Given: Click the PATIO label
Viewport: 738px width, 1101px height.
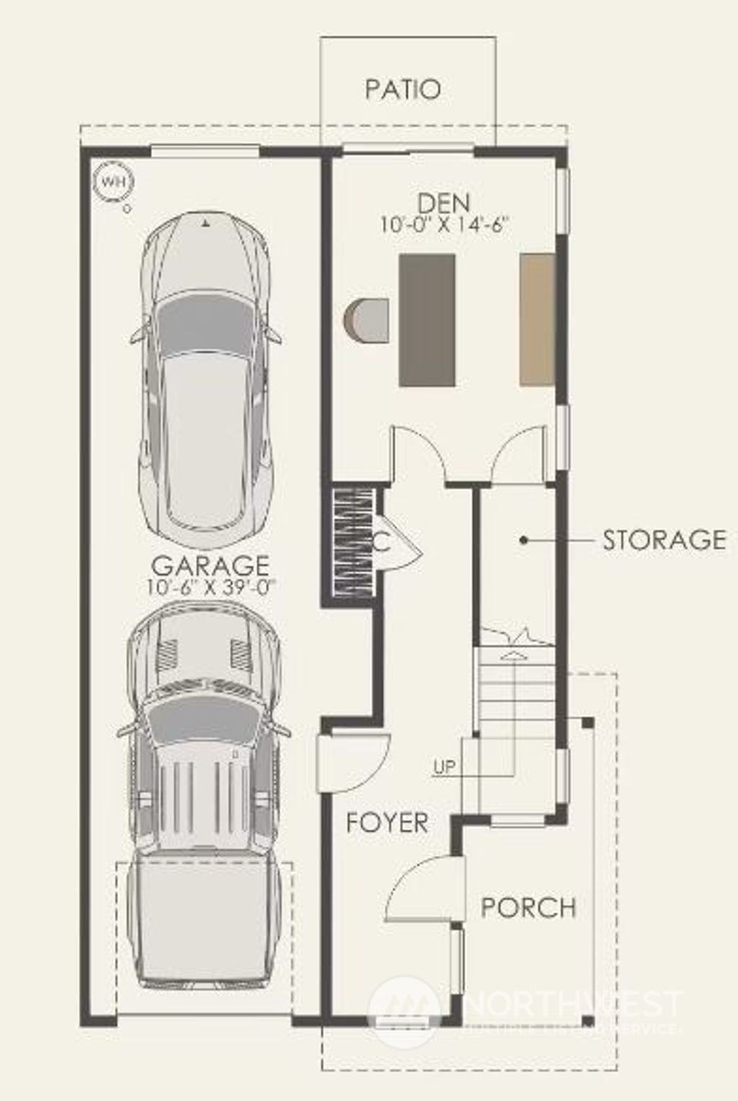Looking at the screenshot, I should (402, 89).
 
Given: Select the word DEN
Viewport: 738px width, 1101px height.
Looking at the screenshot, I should (444, 203).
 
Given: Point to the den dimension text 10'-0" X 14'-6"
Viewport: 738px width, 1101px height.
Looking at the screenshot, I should (445, 224).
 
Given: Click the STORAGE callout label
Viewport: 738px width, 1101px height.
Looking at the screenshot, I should (664, 539).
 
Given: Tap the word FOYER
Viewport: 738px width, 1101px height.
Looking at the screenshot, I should (387, 822).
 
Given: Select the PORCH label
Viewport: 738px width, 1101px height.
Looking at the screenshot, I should (528, 907).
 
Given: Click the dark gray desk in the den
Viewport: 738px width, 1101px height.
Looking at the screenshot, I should (427, 319).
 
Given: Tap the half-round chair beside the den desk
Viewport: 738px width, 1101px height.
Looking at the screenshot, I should (367, 320).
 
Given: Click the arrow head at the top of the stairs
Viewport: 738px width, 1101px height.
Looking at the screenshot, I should (512, 654).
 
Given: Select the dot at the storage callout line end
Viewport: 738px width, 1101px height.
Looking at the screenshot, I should (524, 539).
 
